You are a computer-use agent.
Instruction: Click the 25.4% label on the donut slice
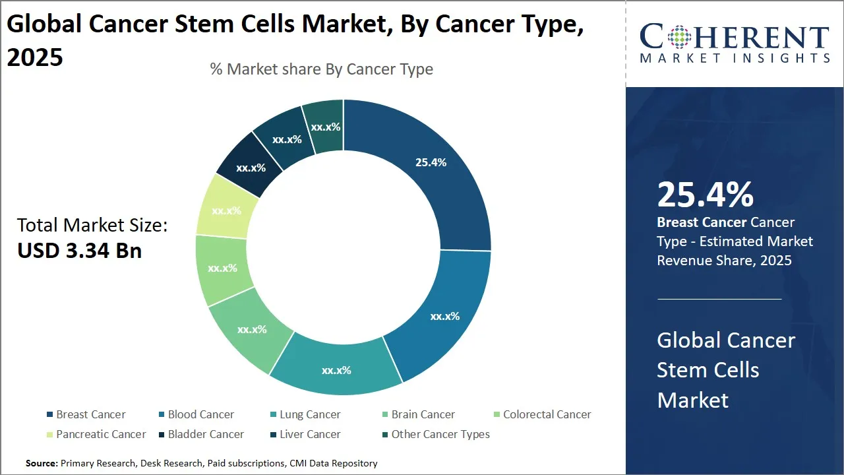pyautogui.click(x=431, y=162)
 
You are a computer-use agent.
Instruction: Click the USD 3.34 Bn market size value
pyautogui.click(x=79, y=251)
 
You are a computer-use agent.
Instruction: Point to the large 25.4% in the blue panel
pyautogui.click(x=705, y=195)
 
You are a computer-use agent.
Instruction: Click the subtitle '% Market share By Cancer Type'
pyautogui.click(x=322, y=69)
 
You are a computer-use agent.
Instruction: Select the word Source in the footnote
pyautogui.click(x=42, y=463)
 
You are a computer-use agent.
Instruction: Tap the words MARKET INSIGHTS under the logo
pyautogui.click(x=735, y=58)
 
